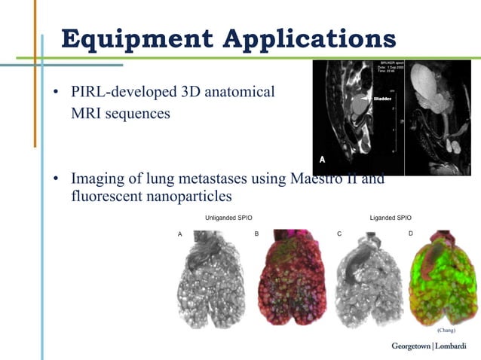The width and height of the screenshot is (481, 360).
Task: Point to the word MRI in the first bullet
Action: point(88,114)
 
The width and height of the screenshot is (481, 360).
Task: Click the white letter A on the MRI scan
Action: point(323,159)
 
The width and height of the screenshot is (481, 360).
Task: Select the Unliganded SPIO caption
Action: point(228,218)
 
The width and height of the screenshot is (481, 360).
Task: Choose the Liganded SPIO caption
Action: point(391,218)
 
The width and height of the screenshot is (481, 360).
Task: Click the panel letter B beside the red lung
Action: point(257,234)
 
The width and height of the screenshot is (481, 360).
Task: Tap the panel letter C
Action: point(339,234)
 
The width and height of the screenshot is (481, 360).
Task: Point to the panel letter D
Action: point(411,234)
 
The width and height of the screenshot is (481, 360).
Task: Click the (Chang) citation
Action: point(446,330)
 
